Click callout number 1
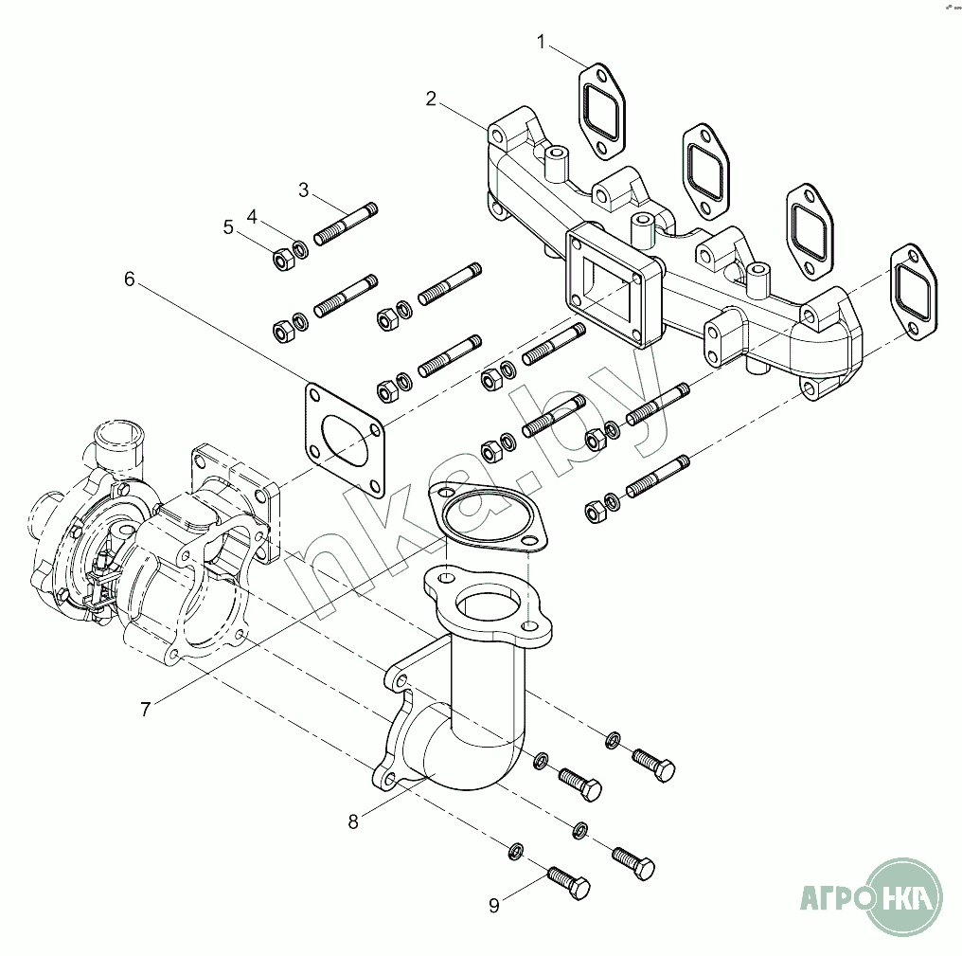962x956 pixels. click(x=542, y=42)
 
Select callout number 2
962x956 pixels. click(x=431, y=99)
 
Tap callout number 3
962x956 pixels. click(x=304, y=189)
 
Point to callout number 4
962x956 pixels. click(x=252, y=216)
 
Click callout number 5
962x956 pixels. click(x=228, y=226)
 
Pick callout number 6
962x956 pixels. click(x=130, y=279)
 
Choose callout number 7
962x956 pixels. click(x=145, y=709)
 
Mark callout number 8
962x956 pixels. click(x=353, y=821)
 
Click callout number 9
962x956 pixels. click(x=493, y=905)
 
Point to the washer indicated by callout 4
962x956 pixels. click(x=299, y=250)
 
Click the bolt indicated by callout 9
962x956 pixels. click(x=568, y=882)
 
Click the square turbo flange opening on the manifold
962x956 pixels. click(x=606, y=283)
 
